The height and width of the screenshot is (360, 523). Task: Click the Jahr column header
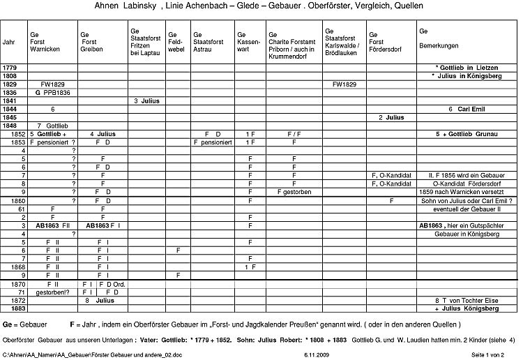click(9, 42)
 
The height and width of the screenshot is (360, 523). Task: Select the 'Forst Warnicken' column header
click(44, 41)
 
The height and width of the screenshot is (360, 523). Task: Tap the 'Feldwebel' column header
click(177, 41)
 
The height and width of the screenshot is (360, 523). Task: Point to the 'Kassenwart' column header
click(248, 41)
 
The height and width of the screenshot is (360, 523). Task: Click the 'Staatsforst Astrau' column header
click(208, 41)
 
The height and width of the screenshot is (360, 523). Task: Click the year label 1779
click(10, 67)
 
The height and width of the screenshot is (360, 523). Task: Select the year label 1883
click(10, 308)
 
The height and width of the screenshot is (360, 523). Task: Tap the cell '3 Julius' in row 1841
click(146, 100)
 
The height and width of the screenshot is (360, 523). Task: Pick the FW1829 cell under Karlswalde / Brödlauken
click(344, 84)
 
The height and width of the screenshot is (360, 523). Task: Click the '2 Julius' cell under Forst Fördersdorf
click(391, 117)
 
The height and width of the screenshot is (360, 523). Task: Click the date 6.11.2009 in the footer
click(317, 355)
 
